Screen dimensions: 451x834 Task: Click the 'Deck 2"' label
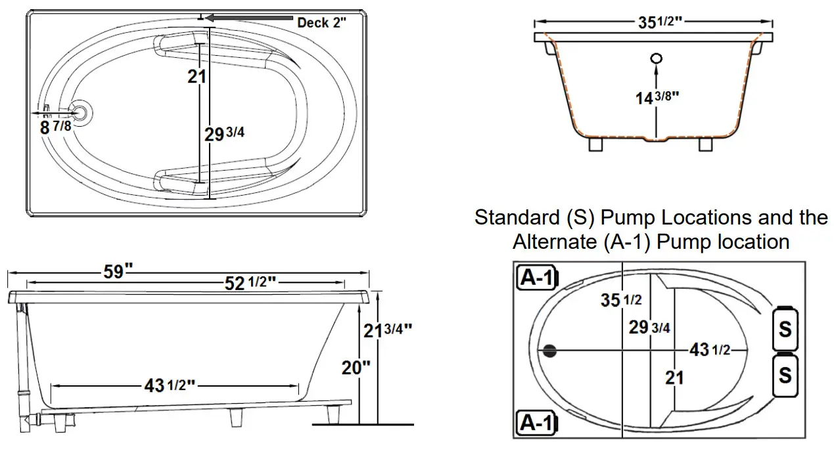pyautogui.click(x=321, y=22)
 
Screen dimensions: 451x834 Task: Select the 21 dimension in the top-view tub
pyautogui.click(x=196, y=76)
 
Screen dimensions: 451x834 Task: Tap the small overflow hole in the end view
pyautogui.click(x=656, y=58)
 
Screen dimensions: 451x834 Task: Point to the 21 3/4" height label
pyautogui.click(x=388, y=330)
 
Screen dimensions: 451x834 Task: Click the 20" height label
pyautogui.click(x=356, y=368)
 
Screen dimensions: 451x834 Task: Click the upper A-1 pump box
pyautogui.click(x=536, y=278)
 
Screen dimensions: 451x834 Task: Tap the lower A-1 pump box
pyautogui.click(x=536, y=423)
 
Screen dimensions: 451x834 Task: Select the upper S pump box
pyautogui.click(x=784, y=328)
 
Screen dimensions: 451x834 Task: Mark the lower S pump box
pyautogui.click(x=784, y=376)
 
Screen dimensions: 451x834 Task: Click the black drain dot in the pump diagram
pyautogui.click(x=550, y=351)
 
